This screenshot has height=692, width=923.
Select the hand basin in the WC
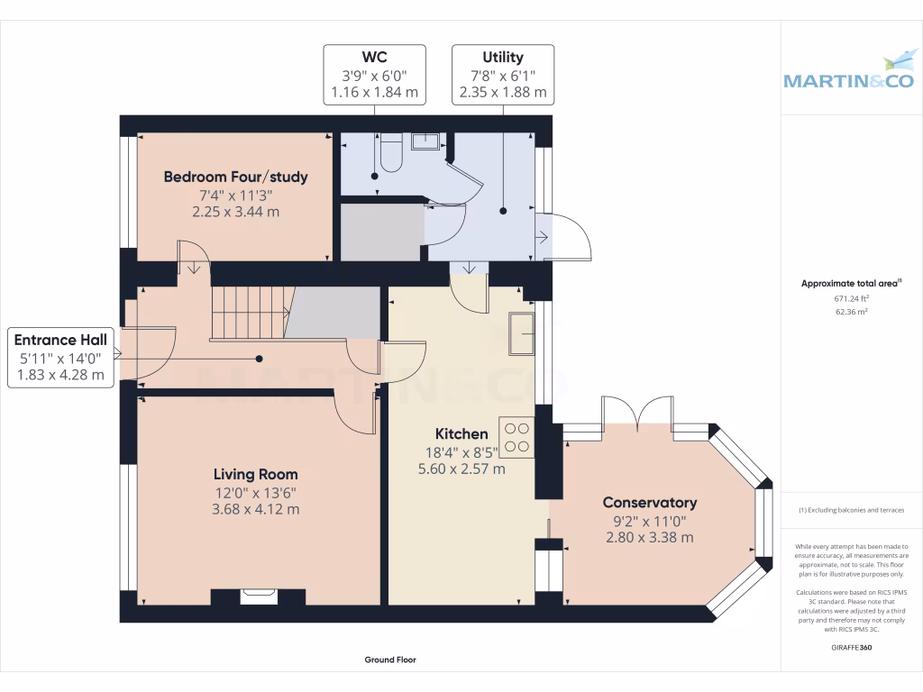click(425, 141)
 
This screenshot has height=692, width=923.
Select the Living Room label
click(255, 474)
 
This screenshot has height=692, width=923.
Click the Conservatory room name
click(649, 503)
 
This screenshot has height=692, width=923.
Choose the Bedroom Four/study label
click(235, 177)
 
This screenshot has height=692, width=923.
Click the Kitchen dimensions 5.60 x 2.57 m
click(461, 469)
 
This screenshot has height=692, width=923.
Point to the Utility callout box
click(502, 75)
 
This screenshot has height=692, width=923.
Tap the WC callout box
click(374, 75)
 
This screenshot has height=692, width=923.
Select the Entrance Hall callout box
click(60, 357)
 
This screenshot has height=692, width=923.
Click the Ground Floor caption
click(390, 660)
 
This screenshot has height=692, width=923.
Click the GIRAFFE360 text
click(851, 647)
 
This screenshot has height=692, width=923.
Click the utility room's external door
click(563, 237)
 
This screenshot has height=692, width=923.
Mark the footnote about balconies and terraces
click(851, 510)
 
